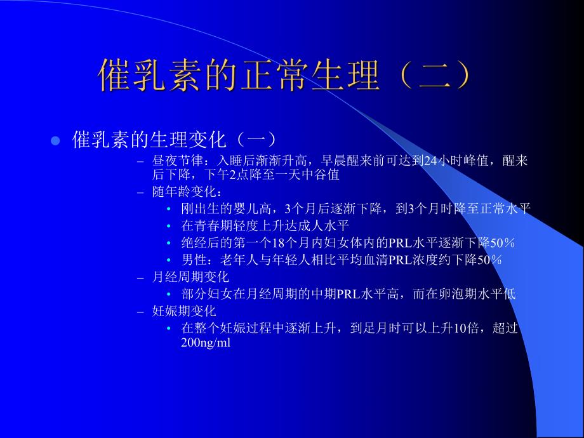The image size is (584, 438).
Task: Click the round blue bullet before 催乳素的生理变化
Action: [x=55, y=140]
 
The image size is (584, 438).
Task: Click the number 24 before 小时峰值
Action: [x=430, y=161]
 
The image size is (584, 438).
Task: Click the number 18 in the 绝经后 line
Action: [x=276, y=242]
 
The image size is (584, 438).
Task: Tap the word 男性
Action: [x=193, y=260]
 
